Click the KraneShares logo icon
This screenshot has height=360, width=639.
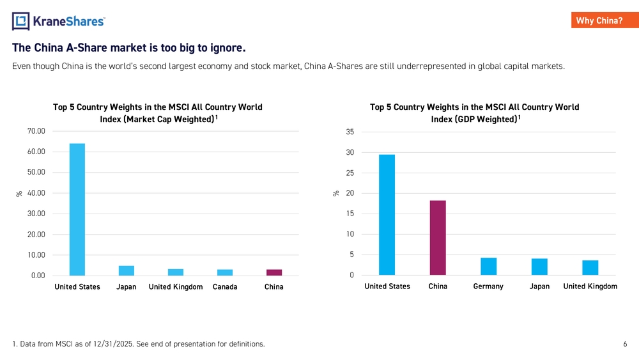tap(20, 21)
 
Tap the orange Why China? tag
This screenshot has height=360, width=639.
tap(599, 20)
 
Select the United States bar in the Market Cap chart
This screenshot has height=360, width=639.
tap(77, 210)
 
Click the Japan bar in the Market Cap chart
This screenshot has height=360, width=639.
tap(127, 270)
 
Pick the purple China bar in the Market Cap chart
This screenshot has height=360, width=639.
tap(274, 272)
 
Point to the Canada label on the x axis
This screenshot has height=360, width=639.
tap(225, 287)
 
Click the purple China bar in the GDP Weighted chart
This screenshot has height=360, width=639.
tap(438, 238)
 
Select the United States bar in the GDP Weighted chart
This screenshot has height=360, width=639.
tap(387, 215)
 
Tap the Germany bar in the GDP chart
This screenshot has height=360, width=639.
tap(488, 267)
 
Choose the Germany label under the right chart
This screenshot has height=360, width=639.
tap(488, 286)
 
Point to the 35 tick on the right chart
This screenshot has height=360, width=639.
tap(350, 132)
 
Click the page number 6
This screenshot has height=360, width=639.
tap(625, 344)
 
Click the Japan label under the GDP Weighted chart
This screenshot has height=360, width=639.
tap(539, 286)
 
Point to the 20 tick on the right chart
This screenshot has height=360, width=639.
tap(350, 193)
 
